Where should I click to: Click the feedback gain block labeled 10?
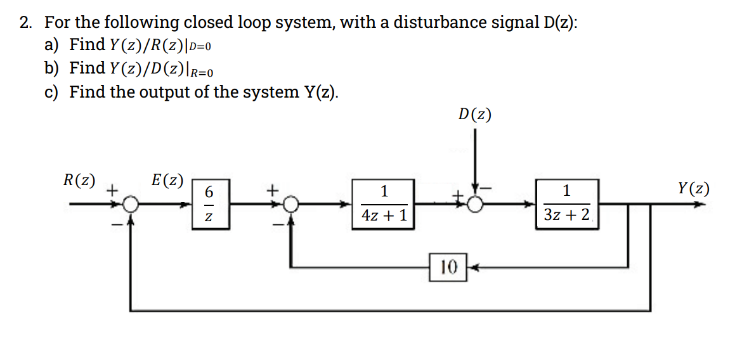448,267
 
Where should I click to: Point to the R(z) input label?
79,180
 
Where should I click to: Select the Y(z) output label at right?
693,189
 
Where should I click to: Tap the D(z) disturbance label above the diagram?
474,115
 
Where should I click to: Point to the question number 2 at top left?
25,23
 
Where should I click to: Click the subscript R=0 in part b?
209,72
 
